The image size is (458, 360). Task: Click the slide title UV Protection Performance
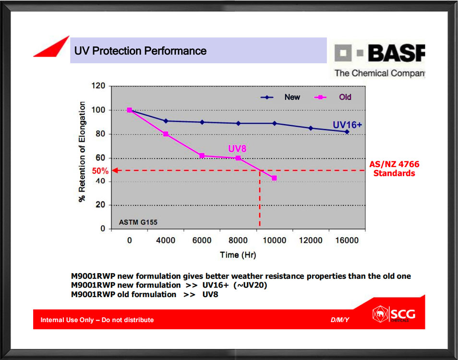pyautogui.click(x=140, y=51)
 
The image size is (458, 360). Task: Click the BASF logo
pyautogui.click(x=379, y=60)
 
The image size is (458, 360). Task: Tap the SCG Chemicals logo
pyautogui.click(x=394, y=314)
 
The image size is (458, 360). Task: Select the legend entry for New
pyautogui.click(x=280, y=97)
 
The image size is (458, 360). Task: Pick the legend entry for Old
pyautogui.click(x=333, y=97)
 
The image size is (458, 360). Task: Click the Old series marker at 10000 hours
pyautogui.click(x=274, y=178)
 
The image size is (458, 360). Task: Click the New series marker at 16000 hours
pyautogui.click(x=347, y=132)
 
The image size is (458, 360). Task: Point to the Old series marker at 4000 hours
pyautogui.click(x=166, y=134)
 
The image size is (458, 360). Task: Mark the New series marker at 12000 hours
pyautogui.click(x=311, y=128)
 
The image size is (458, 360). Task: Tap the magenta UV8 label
pyautogui.click(x=237, y=149)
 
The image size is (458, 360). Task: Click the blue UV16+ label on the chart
pyautogui.click(x=347, y=125)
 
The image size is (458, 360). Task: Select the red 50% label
pyautogui.click(x=100, y=171)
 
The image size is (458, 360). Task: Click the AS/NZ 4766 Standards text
pyautogui.click(x=394, y=169)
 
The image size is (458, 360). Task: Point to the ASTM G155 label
pyautogui.click(x=138, y=223)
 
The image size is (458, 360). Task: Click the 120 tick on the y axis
pyautogui.click(x=98, y=86)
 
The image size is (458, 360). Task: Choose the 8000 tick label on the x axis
pyautogui.click(x=238, y=240)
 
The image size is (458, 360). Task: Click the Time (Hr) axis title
pyautogui.click(x=238, y=255)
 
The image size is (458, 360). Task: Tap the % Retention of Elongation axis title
pyautogui.click(x=82, y=152)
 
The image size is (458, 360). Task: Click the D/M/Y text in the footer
pyautogui.click(x=340, y=320)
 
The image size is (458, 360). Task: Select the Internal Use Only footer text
pyautogui.click(x=97, y=320)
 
